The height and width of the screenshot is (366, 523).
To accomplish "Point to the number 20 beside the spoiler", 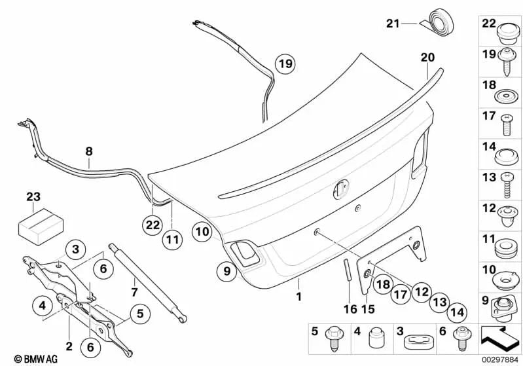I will click(427, 58).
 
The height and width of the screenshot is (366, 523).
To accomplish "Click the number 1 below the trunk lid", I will click(298, 297).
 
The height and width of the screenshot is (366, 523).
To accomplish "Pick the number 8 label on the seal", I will click(89, 151).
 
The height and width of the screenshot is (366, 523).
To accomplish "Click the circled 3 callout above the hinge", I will click(75, 249).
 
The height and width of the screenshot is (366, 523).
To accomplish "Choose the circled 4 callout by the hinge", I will click(42, 304).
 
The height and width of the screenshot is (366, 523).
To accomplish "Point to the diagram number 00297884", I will click(501, 359).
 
